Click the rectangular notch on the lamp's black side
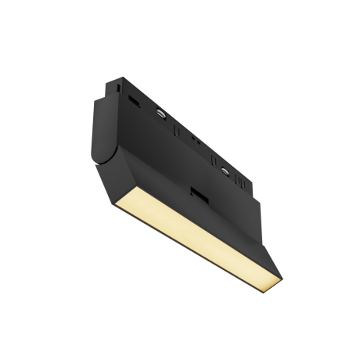point(199,196)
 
